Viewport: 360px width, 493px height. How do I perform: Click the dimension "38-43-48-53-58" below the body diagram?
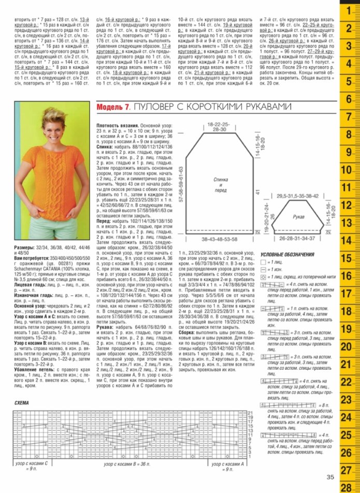click(x=220, y=240)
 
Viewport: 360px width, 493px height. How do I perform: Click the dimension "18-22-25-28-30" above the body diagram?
click(x=221, y=128)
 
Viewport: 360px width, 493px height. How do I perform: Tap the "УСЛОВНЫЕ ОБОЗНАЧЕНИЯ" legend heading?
click(x=287, y=254)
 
